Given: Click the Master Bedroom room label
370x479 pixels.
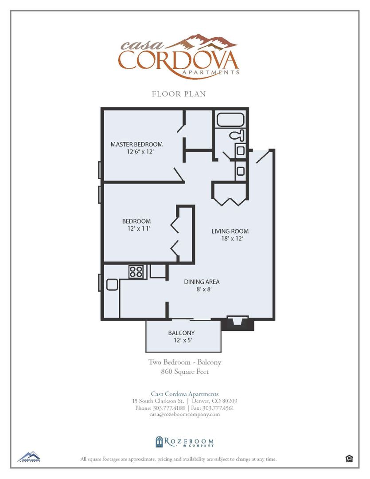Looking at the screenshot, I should [x=136, y=144].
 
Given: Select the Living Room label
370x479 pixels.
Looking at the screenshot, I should [x=230, y=231].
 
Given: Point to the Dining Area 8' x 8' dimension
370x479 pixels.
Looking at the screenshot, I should [x=202, y=289].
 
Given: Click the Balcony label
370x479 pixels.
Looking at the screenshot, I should [x=181, y=333].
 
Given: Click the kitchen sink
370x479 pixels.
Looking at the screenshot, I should [x=112, y=284].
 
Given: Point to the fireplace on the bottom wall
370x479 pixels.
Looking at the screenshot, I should [x=237, y=323].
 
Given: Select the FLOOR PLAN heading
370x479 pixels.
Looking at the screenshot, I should [x=179, y=94].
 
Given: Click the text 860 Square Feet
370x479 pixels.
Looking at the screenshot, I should [x=184, y=372].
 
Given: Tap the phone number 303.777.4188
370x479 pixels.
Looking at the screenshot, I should [x=160, y=408].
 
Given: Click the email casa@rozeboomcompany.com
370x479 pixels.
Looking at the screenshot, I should [x=185, y=414].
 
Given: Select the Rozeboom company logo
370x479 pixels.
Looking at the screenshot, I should [x=184, y=442].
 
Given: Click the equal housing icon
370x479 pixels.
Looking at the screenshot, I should [x=349, y=459].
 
